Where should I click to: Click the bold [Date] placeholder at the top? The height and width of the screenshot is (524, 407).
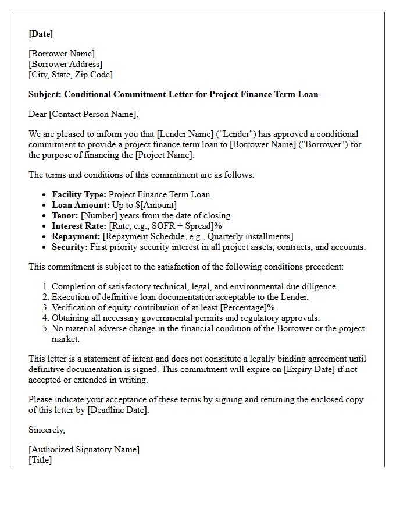point(41,34)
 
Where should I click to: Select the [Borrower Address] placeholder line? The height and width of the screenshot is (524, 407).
point(66,64)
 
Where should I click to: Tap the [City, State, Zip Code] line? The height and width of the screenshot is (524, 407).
point(70,75)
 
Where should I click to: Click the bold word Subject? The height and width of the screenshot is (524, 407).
point(45,94)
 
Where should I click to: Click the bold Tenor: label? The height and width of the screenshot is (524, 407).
point(65,215)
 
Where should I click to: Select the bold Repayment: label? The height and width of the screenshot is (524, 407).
point(76,236)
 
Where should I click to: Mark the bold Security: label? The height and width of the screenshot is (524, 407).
point(70,247)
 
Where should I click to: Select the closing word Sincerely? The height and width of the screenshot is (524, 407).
point(47,430)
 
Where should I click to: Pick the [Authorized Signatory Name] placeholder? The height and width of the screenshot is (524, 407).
point(84,449)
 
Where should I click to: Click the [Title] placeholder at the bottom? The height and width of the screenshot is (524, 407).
point(40,460)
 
